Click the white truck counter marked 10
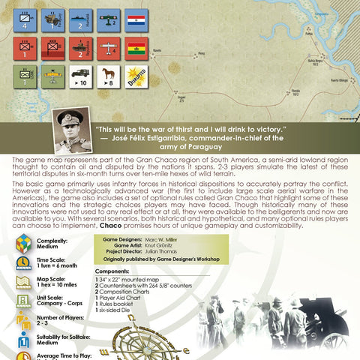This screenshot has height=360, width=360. click(x=82, y=77)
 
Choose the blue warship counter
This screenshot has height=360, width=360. click(x=82, y=22)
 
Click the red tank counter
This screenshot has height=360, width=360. click(x=82, y=49)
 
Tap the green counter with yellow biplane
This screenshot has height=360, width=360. click(x=53, y=77)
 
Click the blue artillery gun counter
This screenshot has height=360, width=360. click(x=53, y=22)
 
